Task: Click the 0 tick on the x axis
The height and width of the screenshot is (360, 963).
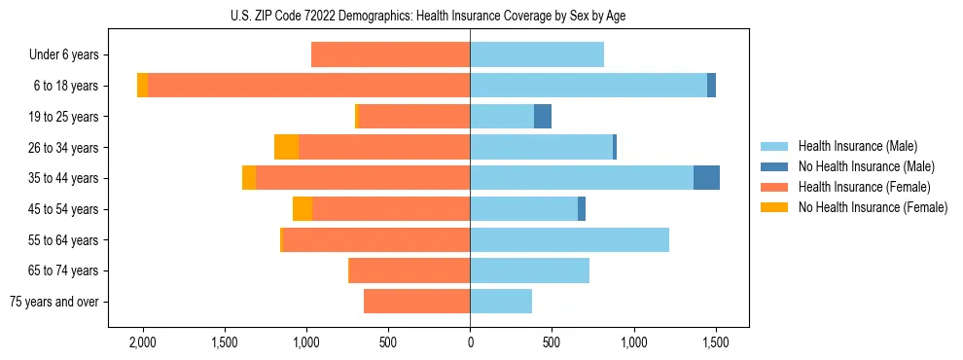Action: [470, 342]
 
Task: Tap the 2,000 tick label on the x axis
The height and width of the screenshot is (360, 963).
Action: [143, 342]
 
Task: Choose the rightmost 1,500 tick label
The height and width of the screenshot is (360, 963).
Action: [716, 342]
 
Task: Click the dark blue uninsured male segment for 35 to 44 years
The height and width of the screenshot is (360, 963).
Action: [706, 178]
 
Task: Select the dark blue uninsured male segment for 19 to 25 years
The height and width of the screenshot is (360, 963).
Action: [543, 117]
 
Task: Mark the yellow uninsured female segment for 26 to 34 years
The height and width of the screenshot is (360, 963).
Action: [286, 147]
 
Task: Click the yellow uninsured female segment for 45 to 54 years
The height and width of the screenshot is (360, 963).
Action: [303, 209]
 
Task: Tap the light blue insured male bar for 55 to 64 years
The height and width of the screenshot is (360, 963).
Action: [569, 239]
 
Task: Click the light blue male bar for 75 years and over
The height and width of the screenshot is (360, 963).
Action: [501, 302]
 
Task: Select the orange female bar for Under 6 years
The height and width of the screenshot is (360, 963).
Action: [390, 54]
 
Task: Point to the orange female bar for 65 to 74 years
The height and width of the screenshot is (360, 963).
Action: [409, 270]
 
